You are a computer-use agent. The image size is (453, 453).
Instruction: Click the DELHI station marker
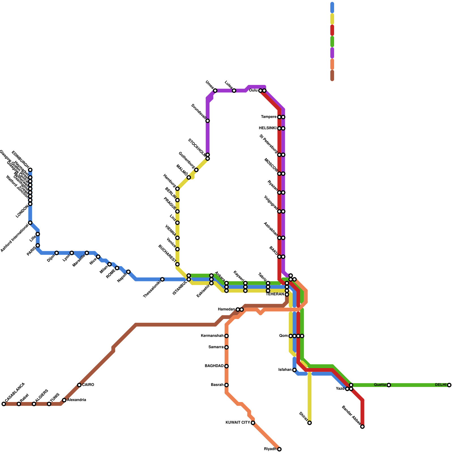[x=449, y=385]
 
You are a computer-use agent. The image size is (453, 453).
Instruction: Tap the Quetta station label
[x=380, y=385]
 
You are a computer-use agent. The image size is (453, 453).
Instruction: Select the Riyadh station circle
[x=279, y=449]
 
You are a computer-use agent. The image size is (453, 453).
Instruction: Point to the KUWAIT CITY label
[x=238, y=423]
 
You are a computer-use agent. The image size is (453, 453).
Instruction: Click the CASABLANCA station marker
[x=4, y=404]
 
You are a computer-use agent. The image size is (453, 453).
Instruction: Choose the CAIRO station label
[x=88, y=385]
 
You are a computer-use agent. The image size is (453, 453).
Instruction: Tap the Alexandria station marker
[x=64, y=400]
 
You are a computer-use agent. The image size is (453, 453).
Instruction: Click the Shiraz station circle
[x=309, y=423]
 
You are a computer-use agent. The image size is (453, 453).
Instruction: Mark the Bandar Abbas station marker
[x=362, y=427]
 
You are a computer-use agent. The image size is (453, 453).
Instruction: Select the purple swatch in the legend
[x=332, y=53]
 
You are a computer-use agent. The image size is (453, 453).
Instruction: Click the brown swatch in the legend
[x=332, y=76]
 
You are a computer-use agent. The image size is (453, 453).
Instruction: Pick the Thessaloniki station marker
[x=162, y=279]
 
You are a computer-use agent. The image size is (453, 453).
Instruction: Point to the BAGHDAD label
[x=214, y=366]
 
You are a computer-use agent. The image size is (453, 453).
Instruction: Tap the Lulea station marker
[x=234, y=91]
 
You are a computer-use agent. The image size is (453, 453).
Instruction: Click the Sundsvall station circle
[x=208, y=121]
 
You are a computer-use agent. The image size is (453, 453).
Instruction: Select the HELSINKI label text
[x=268, y=128]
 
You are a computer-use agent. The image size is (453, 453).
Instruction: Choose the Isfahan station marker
[x=294, y=370]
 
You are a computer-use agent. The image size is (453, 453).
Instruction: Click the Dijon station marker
[x=57, y=253]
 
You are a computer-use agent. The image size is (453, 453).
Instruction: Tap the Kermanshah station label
[x=212, y=336]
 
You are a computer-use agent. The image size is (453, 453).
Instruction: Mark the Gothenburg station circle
[x=196, y=170]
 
